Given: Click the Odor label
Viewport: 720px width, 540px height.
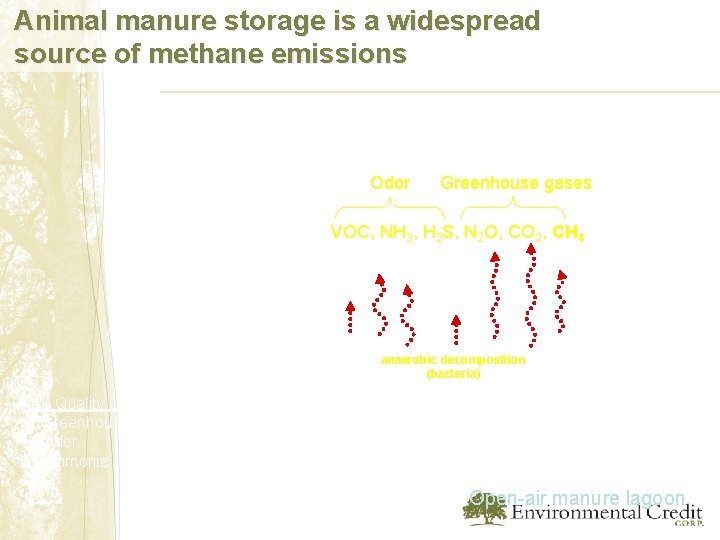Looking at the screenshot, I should pyautogui.click(x=390, y=183).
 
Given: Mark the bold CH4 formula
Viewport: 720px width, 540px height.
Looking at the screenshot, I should pyautogui.click(x=568, y=233).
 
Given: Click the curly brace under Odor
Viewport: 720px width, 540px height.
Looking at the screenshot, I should pyautogui.click(x=389, y=207).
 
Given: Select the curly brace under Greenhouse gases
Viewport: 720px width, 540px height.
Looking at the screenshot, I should pyautogui.click(x=513, y=207).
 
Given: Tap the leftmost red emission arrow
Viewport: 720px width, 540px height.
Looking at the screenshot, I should pyautogui.click(x=350, y=315).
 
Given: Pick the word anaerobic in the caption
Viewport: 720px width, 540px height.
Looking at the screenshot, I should pyautogui.click(x=411, y=359).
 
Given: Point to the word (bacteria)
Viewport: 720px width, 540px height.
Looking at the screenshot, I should pyautogui.click(x=453, y=373).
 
